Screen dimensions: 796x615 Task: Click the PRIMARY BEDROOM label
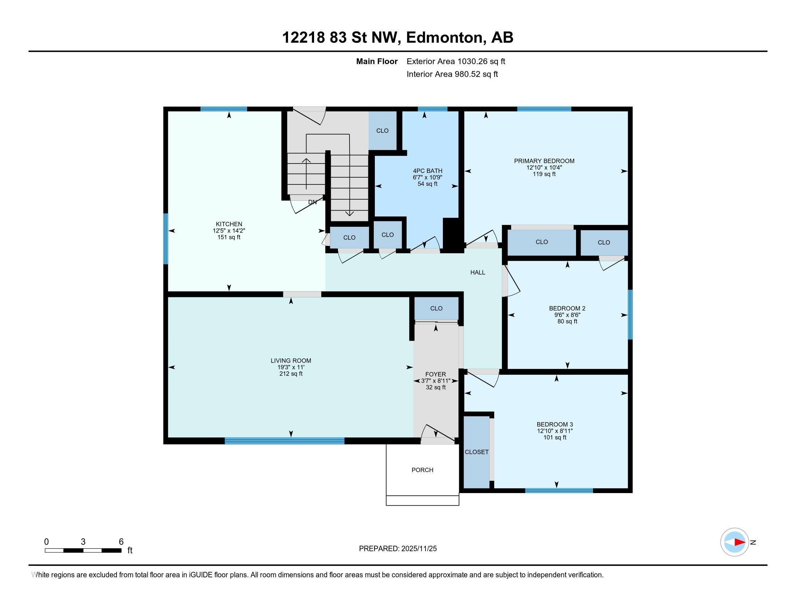tap(544, 161)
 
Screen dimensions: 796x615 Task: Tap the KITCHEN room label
tap(229, 224)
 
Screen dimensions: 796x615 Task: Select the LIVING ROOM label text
tap(291, 361)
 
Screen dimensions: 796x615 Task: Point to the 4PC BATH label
tap(428, 171)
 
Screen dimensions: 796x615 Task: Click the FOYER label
tap(436, 374)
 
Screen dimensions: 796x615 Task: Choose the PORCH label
tap(422, 470)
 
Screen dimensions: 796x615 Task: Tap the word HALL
tap(478, 272)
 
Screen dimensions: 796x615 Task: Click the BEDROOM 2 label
tap(567, 308)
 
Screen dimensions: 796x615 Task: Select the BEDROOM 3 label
tap(555, 424)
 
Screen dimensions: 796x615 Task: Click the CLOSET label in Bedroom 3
tap(477, 452)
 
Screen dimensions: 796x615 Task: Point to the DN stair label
tap(312, 202)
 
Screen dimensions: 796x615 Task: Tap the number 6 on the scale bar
tap(121, 542)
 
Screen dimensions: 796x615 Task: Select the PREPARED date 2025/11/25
tap(419, 548)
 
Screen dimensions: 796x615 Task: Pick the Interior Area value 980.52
tap(467, 74)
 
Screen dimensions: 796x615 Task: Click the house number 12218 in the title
tap(304, 37)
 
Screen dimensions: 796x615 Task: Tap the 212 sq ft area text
tap(291, 374)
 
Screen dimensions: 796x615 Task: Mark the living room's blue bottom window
tap(285, 441)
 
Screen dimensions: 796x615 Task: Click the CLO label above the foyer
tap(436, 308)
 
